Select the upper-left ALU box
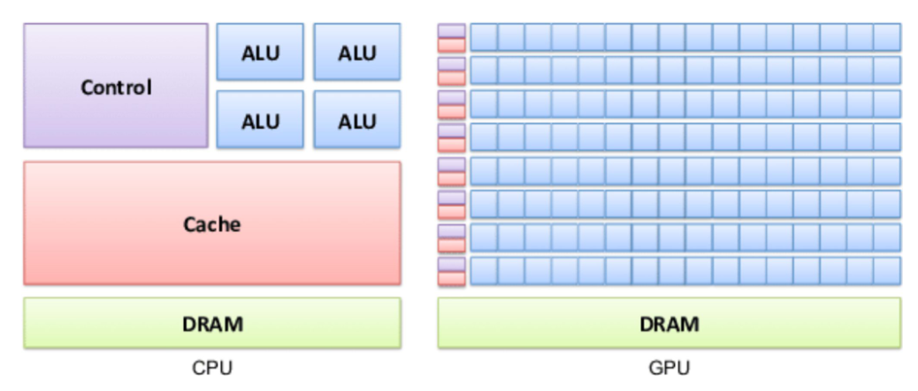click(260, 53)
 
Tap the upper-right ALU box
click(356, 53)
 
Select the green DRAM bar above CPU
click(211, 323)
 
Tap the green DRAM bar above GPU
click(669, 323)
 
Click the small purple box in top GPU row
click(451, 31)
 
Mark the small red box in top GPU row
click(451, 44)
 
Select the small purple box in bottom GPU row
click(451, 264)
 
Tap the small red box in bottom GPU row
click(451, 278)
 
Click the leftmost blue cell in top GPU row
click(484, 37)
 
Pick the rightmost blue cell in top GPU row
click(887, 37)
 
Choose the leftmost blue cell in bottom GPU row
click(484, 271)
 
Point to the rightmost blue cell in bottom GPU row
click(887, 271)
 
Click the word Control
click(116, 88)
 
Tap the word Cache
click(211, 224)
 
